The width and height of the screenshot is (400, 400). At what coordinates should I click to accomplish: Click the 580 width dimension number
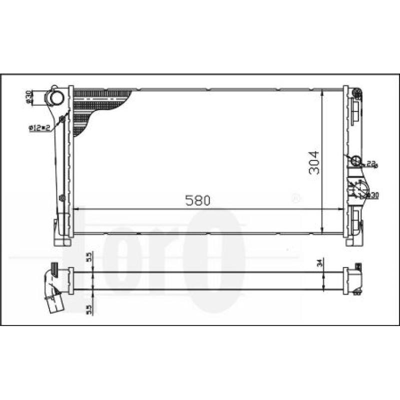(198, 200)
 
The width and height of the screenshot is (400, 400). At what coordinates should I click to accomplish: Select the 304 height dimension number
(314, 162)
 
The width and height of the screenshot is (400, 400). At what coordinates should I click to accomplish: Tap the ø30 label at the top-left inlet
(29, 97)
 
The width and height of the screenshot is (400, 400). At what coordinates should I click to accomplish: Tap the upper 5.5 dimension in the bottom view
(88, 257)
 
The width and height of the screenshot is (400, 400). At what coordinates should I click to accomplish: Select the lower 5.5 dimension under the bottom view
(88, 309)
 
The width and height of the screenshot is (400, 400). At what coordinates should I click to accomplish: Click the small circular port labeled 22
(356, 160)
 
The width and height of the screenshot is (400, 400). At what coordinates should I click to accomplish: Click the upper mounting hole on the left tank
(62, 118)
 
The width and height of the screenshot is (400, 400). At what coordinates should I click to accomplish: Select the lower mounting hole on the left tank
(62, 197)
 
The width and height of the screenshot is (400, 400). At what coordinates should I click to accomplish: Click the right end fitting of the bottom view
(354, 280)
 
